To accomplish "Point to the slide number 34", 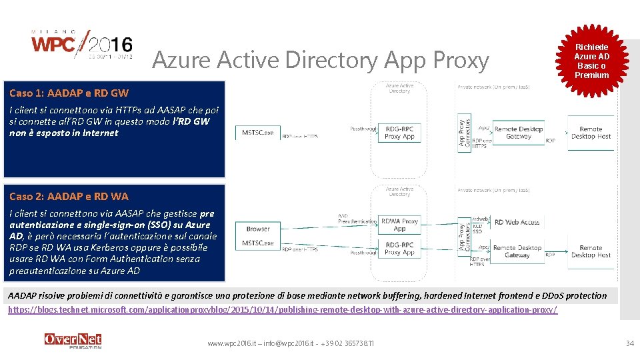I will pos(629,343).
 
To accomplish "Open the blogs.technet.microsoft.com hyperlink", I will pos(283,310).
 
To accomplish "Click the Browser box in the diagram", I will pos(258,229).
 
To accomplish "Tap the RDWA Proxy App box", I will pos(400,225).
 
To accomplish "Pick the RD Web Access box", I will pos(517,222).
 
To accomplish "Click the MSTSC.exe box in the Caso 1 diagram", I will pos(258,133).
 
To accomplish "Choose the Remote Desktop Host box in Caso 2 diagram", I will pos(591,251).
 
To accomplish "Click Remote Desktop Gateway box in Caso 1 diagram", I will pos(518,133).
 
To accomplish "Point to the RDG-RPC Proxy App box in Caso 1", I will pos(399,133).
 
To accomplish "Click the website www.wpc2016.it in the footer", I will pos(229,343).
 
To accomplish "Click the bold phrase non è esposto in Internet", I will pos(63,133).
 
